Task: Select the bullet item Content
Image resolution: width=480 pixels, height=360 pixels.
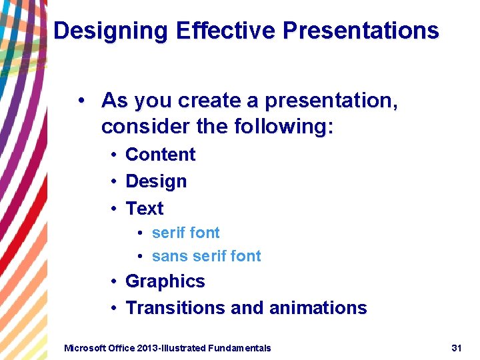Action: (x=160, y=155)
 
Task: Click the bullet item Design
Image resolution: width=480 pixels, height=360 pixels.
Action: (x=156, y=181)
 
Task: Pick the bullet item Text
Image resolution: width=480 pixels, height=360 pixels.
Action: (x=144, y=209)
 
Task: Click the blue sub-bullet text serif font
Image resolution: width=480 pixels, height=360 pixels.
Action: (x=185, y=233)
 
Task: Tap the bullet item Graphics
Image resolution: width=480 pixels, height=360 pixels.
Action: (x=165, y=281)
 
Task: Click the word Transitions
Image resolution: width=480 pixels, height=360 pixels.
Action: (x=175, y=308)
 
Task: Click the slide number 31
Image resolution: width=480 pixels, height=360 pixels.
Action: (x=457, y=348)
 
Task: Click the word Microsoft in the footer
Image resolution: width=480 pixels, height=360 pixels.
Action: (x=85, y=348)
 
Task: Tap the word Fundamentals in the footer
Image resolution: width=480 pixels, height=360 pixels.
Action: (x=239, y=348)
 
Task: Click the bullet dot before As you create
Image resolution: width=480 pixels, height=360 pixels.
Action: (x=80, y=101)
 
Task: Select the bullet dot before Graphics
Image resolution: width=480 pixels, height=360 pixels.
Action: (x=115, y=281)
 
